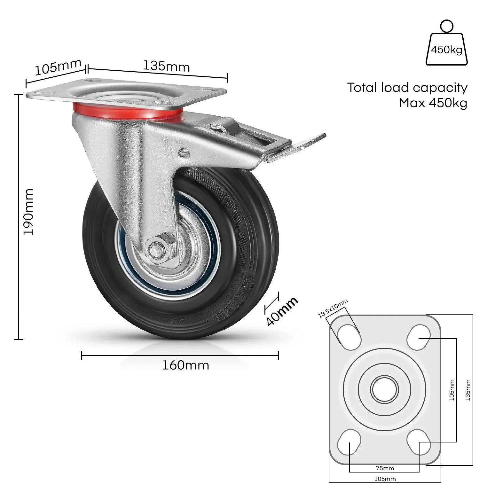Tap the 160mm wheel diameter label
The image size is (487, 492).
coord(185,365)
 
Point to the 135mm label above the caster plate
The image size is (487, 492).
coord(166,66)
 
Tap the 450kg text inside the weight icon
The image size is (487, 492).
coord(446,50)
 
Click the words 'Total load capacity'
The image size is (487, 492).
coord(407,87)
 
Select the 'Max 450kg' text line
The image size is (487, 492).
coord(433,103)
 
